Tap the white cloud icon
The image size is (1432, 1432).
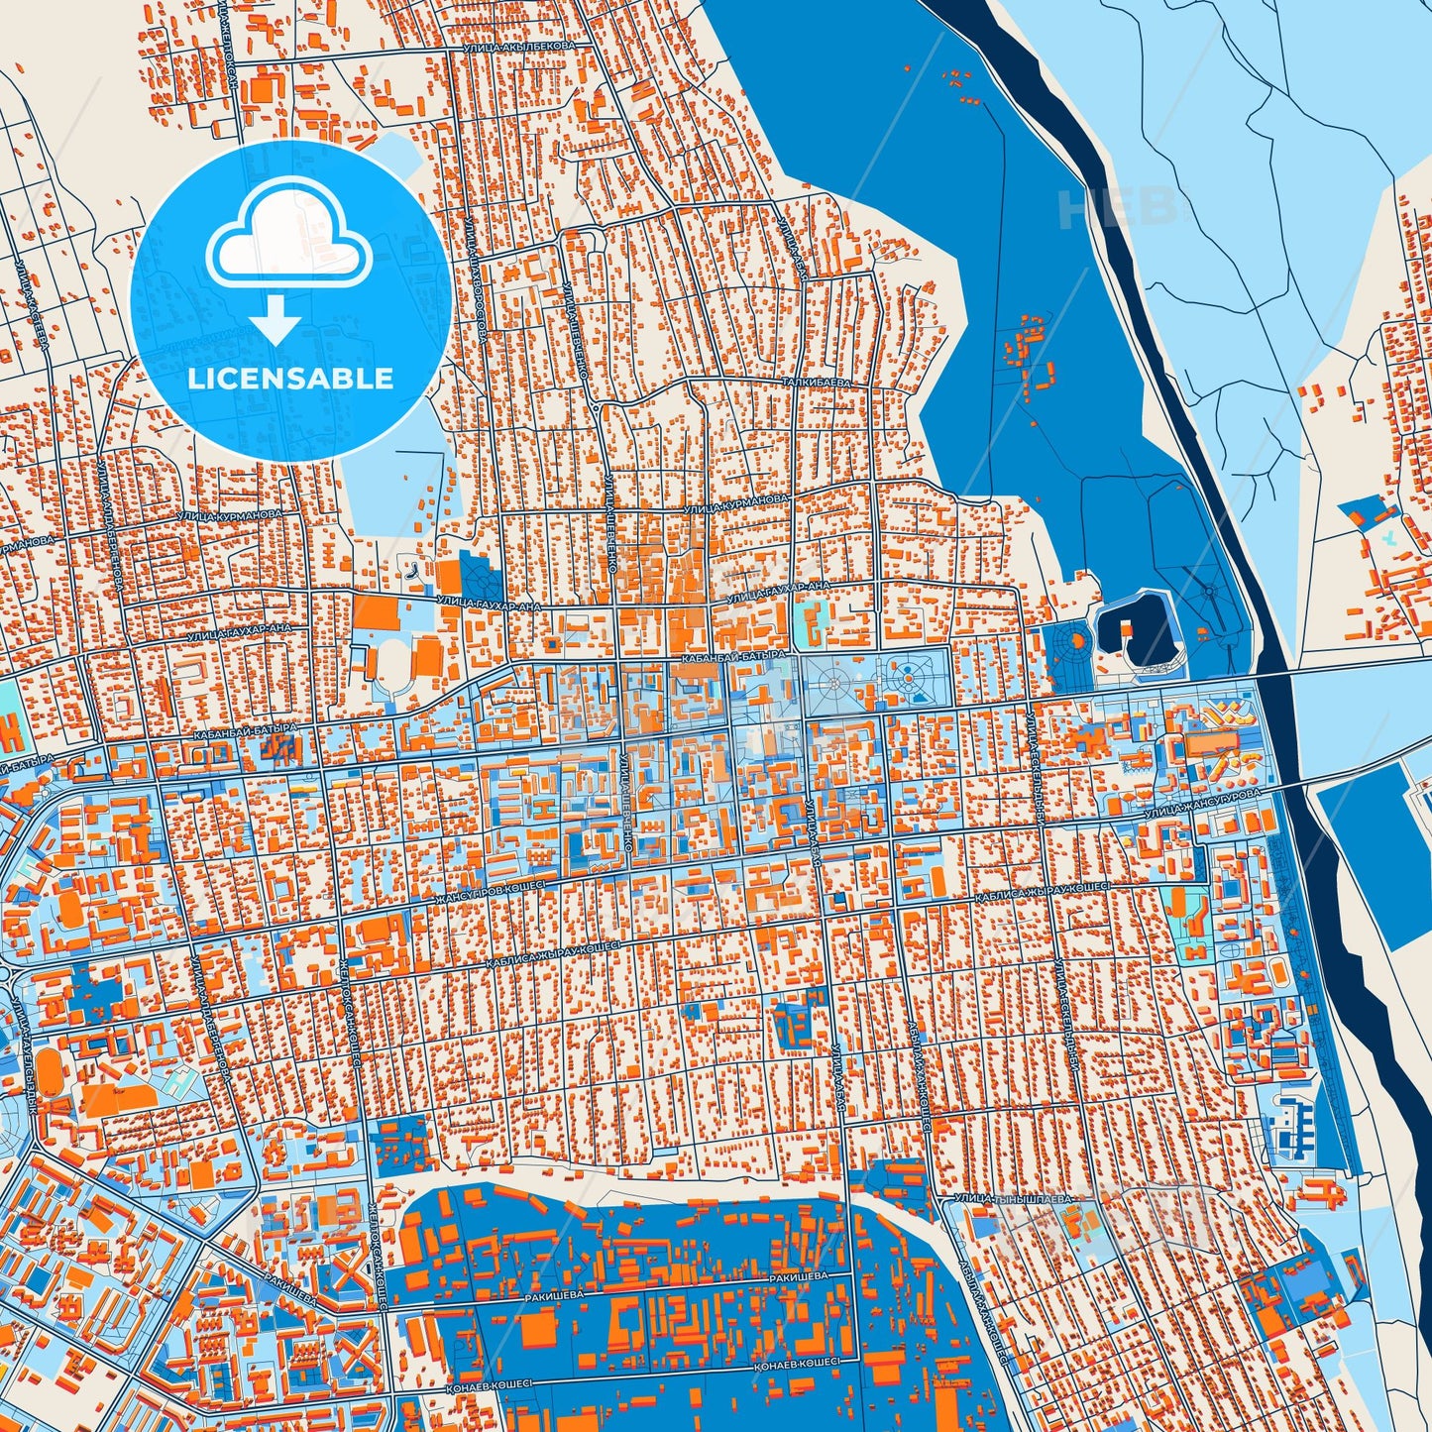[x=288, y=239]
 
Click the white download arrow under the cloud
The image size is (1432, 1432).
[x=276, y=318]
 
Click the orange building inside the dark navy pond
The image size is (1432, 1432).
[x=1127, y=627]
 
